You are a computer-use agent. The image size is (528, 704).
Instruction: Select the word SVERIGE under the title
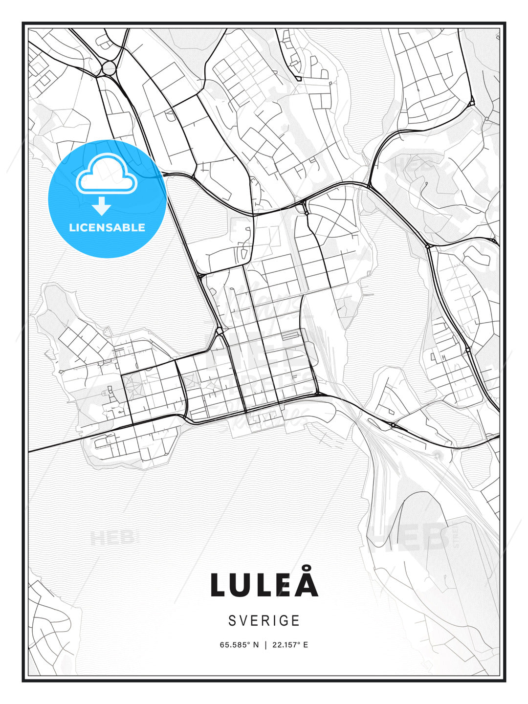coord(264,620)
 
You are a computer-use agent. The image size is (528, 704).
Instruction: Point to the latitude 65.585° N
coord(239,644)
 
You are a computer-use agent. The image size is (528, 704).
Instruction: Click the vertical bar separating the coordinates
coord(265,644)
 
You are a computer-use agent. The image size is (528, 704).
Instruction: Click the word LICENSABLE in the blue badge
coord(107,227)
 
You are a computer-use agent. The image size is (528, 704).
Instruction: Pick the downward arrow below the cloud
coord(102,206)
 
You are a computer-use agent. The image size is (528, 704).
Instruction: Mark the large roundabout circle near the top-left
coord(109,68)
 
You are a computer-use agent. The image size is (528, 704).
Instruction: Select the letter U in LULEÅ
coord(244,585)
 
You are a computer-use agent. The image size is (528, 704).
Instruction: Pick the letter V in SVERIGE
coord(243,620)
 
